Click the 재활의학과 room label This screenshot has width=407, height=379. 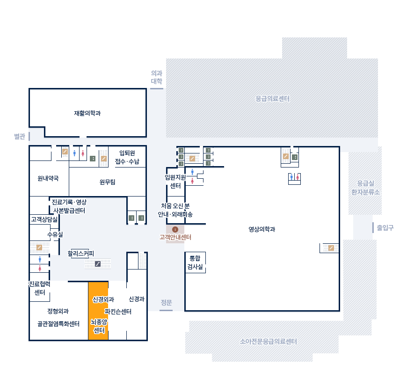pyautogui.click(x=87, y=113)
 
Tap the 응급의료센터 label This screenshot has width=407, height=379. pyautogui.click(x=273, y=99)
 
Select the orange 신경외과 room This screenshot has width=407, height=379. pyautogui.click(x=98, y=311)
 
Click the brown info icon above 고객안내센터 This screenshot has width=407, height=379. pyautogui.click(x=175, y=229)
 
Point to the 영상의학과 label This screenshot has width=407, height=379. pyautogui.click(x=262, y=229)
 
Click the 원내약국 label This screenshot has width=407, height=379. pyautogui.click(x=48, y=178)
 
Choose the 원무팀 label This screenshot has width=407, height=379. pyautogui.click(x=107, y=182)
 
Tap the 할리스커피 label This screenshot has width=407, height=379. pyautogui.click(x=81, y=253)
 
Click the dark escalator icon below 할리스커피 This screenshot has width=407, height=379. pyautogui.click(x=98, y=264)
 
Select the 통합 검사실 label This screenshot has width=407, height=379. pyautogui.click(x=195, y=262)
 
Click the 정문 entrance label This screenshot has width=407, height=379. pyautogui.click(x=167, y=302)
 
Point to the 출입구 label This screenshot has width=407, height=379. pyautogui.click(x=385, y=228)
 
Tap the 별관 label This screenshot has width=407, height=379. pyautogui.click(x=20, y=136)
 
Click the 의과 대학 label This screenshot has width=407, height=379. pyautogui.click(x=157, y=77)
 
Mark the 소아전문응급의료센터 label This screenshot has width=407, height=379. pyautogui.click(x=269, y=342)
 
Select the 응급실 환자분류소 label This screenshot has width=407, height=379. pyautogui.click(x=365, y=188)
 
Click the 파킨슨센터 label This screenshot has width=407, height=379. pyautogui.click(x=118, y=312)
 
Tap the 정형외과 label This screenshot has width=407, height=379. pyautogui.click(x=58, y=311)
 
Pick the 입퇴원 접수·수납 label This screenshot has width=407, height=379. pyautogui.click(x=127, y=157)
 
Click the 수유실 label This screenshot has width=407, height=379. pyautogui.click(x=55, y=235)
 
